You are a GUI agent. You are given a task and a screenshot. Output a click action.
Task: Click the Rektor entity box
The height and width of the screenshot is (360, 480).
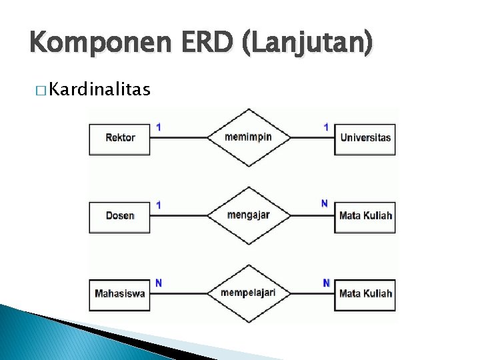pyautogui.click(x=119, y=138)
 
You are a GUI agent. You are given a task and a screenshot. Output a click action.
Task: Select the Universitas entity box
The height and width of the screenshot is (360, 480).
pyautogui.click(x=365, y=138)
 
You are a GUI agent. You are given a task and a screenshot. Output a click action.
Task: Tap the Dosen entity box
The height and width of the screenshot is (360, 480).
pyautogui.click(x=119, y=215)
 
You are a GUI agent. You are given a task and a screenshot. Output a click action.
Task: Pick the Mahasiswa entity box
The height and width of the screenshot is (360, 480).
pyautogui.click(x=119, y=293)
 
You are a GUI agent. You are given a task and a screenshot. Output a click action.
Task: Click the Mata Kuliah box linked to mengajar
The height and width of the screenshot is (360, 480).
pyautogui.click(x=365, y=215)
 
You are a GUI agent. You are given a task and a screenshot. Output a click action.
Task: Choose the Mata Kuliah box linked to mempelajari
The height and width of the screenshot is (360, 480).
pyautogui.click(x=365, y=293)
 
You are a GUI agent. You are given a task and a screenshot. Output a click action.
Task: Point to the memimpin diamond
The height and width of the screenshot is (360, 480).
pyautogui.click(x=248, y=137)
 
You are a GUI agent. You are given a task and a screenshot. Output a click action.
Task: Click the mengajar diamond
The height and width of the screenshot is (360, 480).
pyautogui.click(x=248, y=215)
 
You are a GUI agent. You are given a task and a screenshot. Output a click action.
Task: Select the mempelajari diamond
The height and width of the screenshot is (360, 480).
pyautogui.click(x=248, y=293)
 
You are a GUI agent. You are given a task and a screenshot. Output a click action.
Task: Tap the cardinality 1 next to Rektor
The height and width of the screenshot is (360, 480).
pyautogui.click(x=159, y=126)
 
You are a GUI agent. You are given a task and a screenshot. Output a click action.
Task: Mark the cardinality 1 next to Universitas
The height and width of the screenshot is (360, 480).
pyautogui.click(x=325, y=126)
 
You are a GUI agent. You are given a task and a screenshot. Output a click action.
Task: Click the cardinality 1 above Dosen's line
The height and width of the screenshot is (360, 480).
pyautogui.click(x=159, y=205)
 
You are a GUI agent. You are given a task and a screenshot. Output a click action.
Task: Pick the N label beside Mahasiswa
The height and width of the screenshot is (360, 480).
pyautogui.click(x=159, y=283)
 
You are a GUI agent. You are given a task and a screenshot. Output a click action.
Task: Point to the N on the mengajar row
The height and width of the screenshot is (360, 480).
pyautogui.click(x=325, y=203)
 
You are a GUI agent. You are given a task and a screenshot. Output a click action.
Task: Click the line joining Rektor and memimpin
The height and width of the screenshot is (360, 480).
pyautogui.click(x=178, y=137)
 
